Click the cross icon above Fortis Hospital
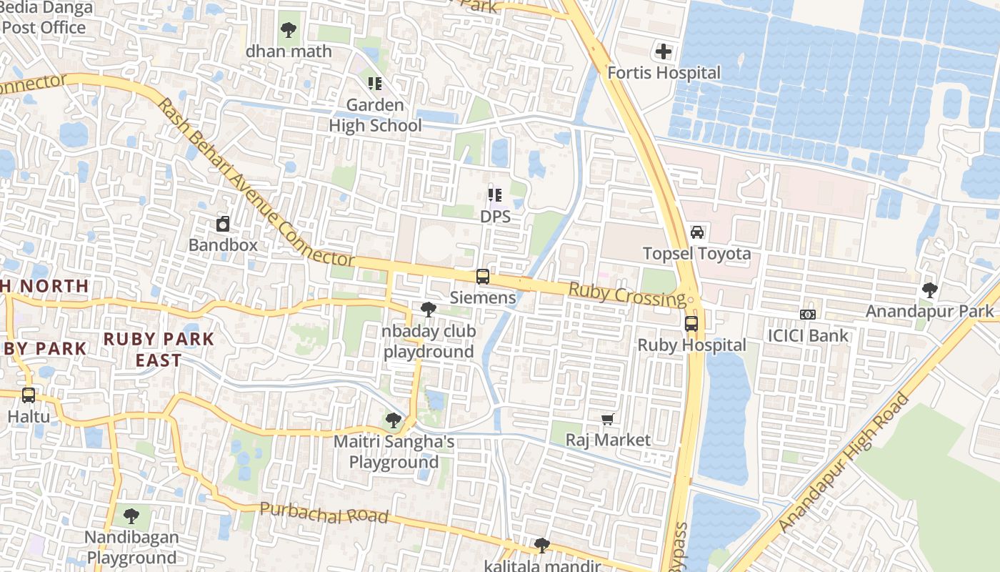664,51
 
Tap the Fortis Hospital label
664,73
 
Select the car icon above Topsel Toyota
697,232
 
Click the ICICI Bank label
808,335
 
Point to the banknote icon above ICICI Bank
808,315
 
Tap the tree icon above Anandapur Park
929,290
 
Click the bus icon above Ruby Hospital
691,323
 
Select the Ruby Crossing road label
626,293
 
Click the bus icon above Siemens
483,277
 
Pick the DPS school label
495,216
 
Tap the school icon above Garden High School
375,84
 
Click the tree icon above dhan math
289,30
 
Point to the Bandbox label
223,245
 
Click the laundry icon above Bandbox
223,225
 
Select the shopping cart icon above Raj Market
608,419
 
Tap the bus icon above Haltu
29,395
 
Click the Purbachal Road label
324,513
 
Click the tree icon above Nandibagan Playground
131,516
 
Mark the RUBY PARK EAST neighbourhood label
159,349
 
